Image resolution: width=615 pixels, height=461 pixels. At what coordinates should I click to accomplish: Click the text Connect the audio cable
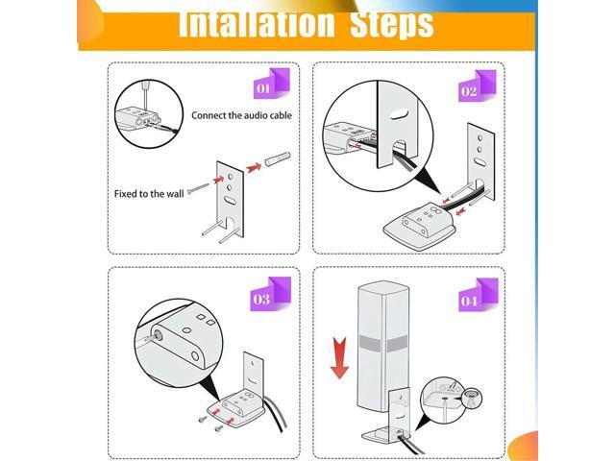point(241,115)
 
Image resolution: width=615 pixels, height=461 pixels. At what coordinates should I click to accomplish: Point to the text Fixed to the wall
point(149,193)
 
